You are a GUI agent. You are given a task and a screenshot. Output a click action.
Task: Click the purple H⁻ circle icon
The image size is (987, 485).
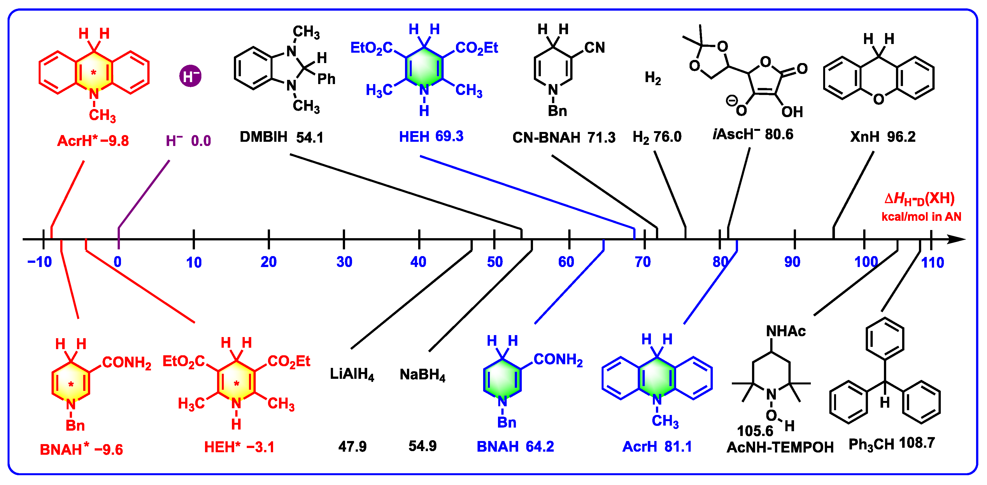pos(190,76)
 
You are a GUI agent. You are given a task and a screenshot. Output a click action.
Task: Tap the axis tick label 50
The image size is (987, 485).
pos(495,262)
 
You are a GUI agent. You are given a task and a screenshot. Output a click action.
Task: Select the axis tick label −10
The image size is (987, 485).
pos(39,262)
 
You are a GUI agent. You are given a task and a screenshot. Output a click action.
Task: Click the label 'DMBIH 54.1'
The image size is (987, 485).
pos(281,137)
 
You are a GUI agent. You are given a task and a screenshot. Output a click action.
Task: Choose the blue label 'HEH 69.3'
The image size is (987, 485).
pos(431,136)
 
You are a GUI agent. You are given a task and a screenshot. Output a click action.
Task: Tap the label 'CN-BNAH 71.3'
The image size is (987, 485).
pos(564,138)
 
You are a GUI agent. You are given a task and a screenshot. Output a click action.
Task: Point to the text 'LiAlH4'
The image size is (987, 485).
pos(352,375)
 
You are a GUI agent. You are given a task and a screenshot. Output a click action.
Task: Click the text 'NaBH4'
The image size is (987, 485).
pos(422,375)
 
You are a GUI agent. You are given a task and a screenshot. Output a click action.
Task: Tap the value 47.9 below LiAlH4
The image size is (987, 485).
pos(352,447)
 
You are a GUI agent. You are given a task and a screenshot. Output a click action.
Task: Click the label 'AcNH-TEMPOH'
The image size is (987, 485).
pos(780,447)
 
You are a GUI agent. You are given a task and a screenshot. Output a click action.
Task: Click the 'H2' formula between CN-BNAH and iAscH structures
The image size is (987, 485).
pos(653,78)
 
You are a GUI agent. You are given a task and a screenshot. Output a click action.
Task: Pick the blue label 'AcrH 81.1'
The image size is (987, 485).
pos(657,447)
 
